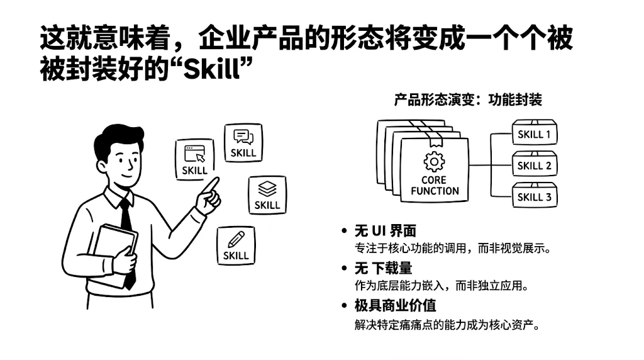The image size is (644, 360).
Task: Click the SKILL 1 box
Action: point(535,132)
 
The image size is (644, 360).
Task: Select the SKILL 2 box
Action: point(535,164)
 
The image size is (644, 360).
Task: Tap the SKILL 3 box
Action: point(535,195)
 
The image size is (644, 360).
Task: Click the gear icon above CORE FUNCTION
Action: point(434,162)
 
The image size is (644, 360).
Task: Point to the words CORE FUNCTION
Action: point(435,186)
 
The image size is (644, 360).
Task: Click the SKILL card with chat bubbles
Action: point(243,143)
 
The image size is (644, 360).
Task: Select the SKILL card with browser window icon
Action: point(195,159)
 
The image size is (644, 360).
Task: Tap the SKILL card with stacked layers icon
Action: point(267,195)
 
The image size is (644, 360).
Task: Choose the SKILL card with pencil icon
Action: point(236,245)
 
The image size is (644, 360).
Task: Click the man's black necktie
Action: point(127,242)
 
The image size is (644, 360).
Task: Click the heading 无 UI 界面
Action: point(386,231)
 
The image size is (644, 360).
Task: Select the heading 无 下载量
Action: point(383,268)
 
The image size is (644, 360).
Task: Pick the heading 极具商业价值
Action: point(395,305)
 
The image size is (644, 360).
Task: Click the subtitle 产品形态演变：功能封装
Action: point(468,99)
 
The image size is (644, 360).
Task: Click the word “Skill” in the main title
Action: point(211,69)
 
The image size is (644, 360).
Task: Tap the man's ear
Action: point(101,166)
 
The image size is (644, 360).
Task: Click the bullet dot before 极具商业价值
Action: point(345,305)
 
